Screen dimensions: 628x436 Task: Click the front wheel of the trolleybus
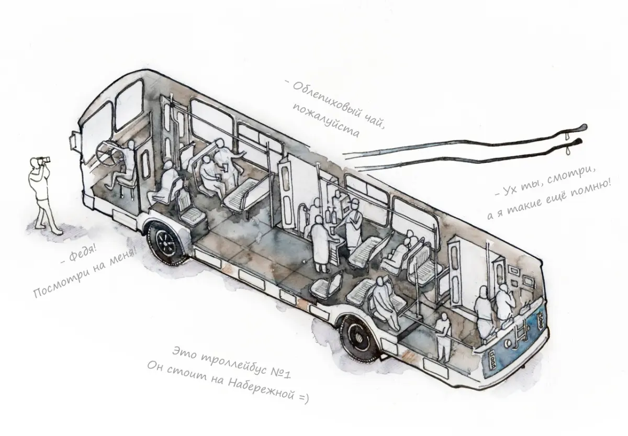pos(165,244)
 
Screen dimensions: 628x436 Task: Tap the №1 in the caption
pos(281,372)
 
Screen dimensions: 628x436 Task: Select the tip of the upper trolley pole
pos(584,127)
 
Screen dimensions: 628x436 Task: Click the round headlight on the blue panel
pos(508,343)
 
